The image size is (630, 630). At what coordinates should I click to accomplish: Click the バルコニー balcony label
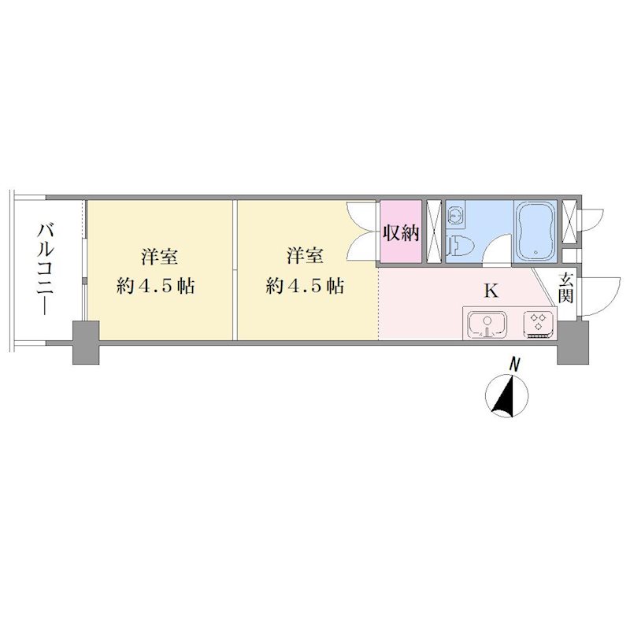(x=46, y=269)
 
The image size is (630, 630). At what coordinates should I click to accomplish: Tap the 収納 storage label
(x=401, y=232)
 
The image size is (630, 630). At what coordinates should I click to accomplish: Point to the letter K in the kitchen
(x=491, y=291)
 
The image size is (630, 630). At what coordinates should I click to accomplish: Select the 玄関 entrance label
(x=565, y=287)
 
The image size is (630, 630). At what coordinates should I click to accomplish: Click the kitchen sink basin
(x=488, y=324)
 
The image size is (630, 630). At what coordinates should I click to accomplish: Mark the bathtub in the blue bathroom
(x=535, y=231)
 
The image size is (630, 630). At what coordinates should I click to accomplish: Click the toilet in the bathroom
(x=460, y=245)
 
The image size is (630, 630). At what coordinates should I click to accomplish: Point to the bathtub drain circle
(x=535, y=252)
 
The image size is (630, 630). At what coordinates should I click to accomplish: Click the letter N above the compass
(x=513, y=365)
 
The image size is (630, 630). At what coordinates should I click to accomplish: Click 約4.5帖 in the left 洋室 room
(x=156, y=287)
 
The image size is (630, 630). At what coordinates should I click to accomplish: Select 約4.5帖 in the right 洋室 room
(x=305, y=287)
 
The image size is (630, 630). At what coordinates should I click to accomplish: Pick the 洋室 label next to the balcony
(x=160, y=257)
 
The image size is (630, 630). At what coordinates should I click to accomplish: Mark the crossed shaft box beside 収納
(x=433, y=231)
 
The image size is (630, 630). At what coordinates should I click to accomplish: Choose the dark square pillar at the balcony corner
(x=86, y=343)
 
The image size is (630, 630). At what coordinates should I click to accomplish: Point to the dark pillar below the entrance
(x=573, y=343)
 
